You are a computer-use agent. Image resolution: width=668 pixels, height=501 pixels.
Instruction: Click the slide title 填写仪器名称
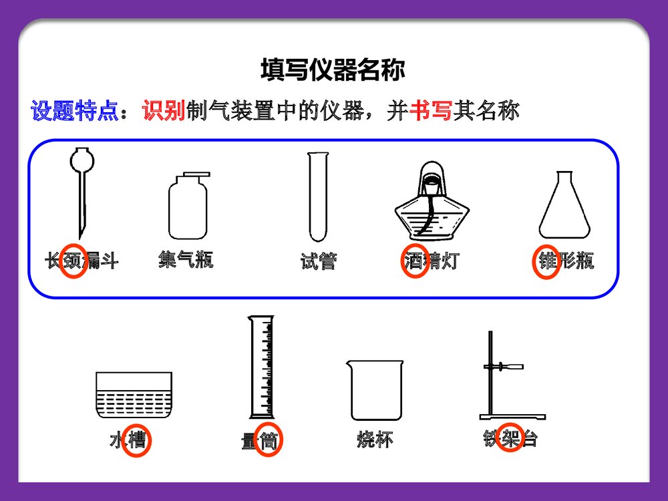pyautogui.click(x=332, y=69)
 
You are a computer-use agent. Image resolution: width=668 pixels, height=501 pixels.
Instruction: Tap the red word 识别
pyautogui.click(x=163, y=110)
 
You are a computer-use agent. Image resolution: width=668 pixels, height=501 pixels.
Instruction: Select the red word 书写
pyautogui.click(x=430, y=110)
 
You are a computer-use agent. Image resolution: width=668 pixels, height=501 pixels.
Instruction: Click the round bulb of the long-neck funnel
pyautogui.click(x=83, y=161)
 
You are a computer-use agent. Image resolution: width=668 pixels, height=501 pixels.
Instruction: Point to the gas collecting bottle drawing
pyautogui.click(x=187, y=207)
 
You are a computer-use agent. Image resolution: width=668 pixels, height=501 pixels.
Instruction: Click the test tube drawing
pyautogui.click(x=318, y=197)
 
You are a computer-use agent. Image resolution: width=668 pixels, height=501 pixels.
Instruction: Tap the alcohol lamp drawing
pyautogui.click(x=434, y=204)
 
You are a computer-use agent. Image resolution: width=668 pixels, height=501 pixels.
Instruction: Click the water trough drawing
pyautogui.click(x=134, y=395)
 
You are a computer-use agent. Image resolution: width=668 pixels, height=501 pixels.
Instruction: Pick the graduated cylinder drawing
pyautogui.click(x=261, y=367)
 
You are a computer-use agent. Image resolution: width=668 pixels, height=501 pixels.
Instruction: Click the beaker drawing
pyautogui.click(x=375, y=390)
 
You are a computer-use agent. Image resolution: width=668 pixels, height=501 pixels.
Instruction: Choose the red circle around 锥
pyautogui.click(x=546, y=261)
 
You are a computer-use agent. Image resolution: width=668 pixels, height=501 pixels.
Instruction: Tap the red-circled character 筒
pyautogui.click(x=269, y=441)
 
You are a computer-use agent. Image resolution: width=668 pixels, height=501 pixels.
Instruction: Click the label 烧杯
pyautogui.click(x=375, y=440)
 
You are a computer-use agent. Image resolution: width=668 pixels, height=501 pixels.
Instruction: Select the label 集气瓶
pyautogui.click(x=186, y=259)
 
